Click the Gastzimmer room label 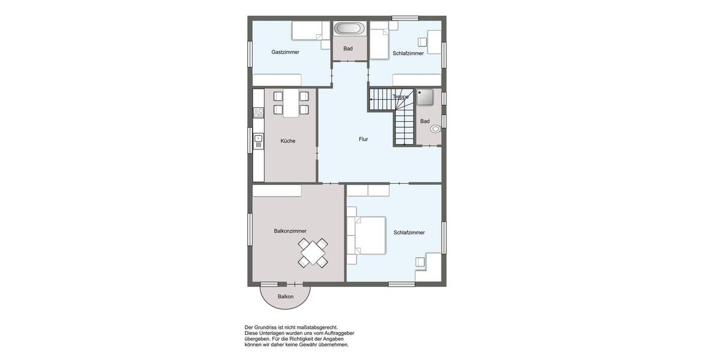click(x=285, y=52)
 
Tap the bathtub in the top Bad click(x=348, y=28)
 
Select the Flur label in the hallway click(x=364, y=139)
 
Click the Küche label click(x=288, y=141)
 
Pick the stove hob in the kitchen click(x=258, y=112)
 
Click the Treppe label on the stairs click(x=400, y=97)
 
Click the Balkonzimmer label click(x=290, y=231)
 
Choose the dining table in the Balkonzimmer click(x=313, y=253)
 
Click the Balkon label click(x=286, y=297)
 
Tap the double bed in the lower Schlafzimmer click(x=367, y=235)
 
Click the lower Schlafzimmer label click(x=409, y=233)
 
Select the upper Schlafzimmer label click(x=408, y=53)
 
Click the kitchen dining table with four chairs click(x=290, y=103)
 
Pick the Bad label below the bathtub click(x=348, y=49)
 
